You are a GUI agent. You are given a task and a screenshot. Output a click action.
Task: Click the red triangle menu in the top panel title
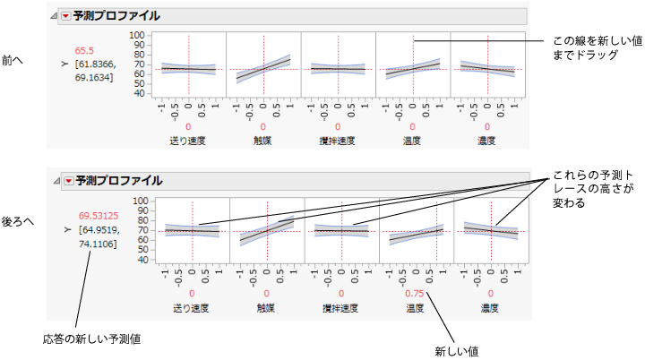(65, 16)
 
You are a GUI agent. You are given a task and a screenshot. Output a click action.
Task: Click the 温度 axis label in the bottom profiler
(414, 306)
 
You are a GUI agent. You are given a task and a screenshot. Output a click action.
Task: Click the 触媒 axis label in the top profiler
(263, 141)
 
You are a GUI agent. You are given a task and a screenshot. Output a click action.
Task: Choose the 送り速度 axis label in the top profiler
(188, 141)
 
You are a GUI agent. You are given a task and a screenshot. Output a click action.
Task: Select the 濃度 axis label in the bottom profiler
(489, 306)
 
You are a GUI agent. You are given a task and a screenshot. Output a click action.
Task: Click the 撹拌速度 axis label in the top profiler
(339, 141)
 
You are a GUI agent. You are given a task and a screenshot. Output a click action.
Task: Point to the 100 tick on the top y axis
(137, 35)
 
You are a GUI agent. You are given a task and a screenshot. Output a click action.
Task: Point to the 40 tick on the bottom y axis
(140, 260)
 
